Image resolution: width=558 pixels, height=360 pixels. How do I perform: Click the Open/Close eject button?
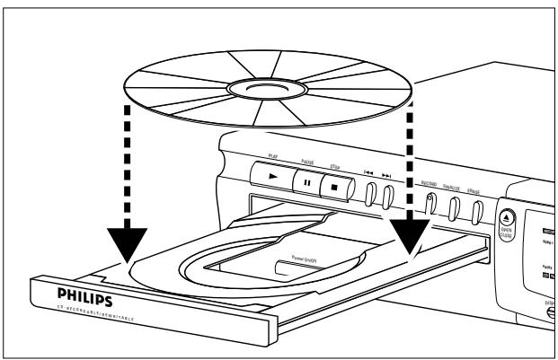point(505,219)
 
